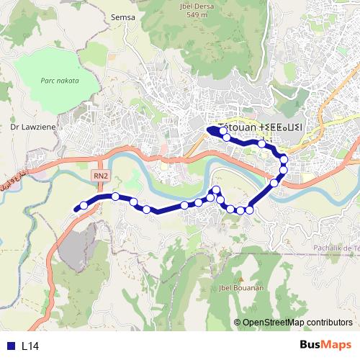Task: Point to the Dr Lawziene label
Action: tap(28, 126)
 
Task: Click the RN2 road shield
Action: tap(100, 174)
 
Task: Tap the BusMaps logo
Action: tap(325, 345)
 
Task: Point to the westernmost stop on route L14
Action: tap(84, 206)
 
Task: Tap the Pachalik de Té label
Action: tap(336, 248)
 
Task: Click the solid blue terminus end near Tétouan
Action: tap(211, 130)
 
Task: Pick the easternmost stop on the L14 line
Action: tap(284, 160)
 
